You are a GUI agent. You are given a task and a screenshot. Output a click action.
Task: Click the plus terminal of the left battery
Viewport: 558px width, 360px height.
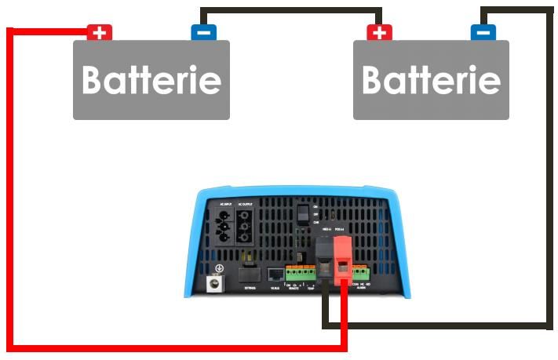pyautogui.click(x=100, y=33)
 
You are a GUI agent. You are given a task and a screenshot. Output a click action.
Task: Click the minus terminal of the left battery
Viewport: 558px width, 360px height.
pyautogui.click(x=203, y=33)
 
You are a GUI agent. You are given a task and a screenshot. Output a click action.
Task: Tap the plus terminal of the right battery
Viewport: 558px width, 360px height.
pyautogui.click(x=380, y=33)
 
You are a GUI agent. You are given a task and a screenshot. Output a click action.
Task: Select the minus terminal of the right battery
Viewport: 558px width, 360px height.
pyautogui.click(x=483, y=33)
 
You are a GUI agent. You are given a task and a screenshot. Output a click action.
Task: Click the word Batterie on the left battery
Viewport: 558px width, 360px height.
pyautogui.click(x=151, y=80)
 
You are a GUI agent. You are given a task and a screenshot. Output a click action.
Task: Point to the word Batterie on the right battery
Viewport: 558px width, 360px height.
pyautogui.click(x=431, y=80)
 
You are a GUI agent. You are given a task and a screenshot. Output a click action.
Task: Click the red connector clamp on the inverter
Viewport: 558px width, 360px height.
pyautogui.click(x=344, y=258)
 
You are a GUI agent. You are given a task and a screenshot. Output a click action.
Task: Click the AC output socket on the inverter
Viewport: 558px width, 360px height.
pyautogui.click(x=246, y=225)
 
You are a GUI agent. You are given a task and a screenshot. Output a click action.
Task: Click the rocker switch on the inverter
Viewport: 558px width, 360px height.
pyautogui.click(x=301, y=215)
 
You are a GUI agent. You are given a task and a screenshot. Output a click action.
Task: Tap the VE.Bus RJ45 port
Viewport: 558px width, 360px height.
pyautogui.click(x=275, y=275)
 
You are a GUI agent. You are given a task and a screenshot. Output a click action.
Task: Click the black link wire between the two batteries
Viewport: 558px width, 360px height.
pyautogui.click(x=291, y=10)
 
